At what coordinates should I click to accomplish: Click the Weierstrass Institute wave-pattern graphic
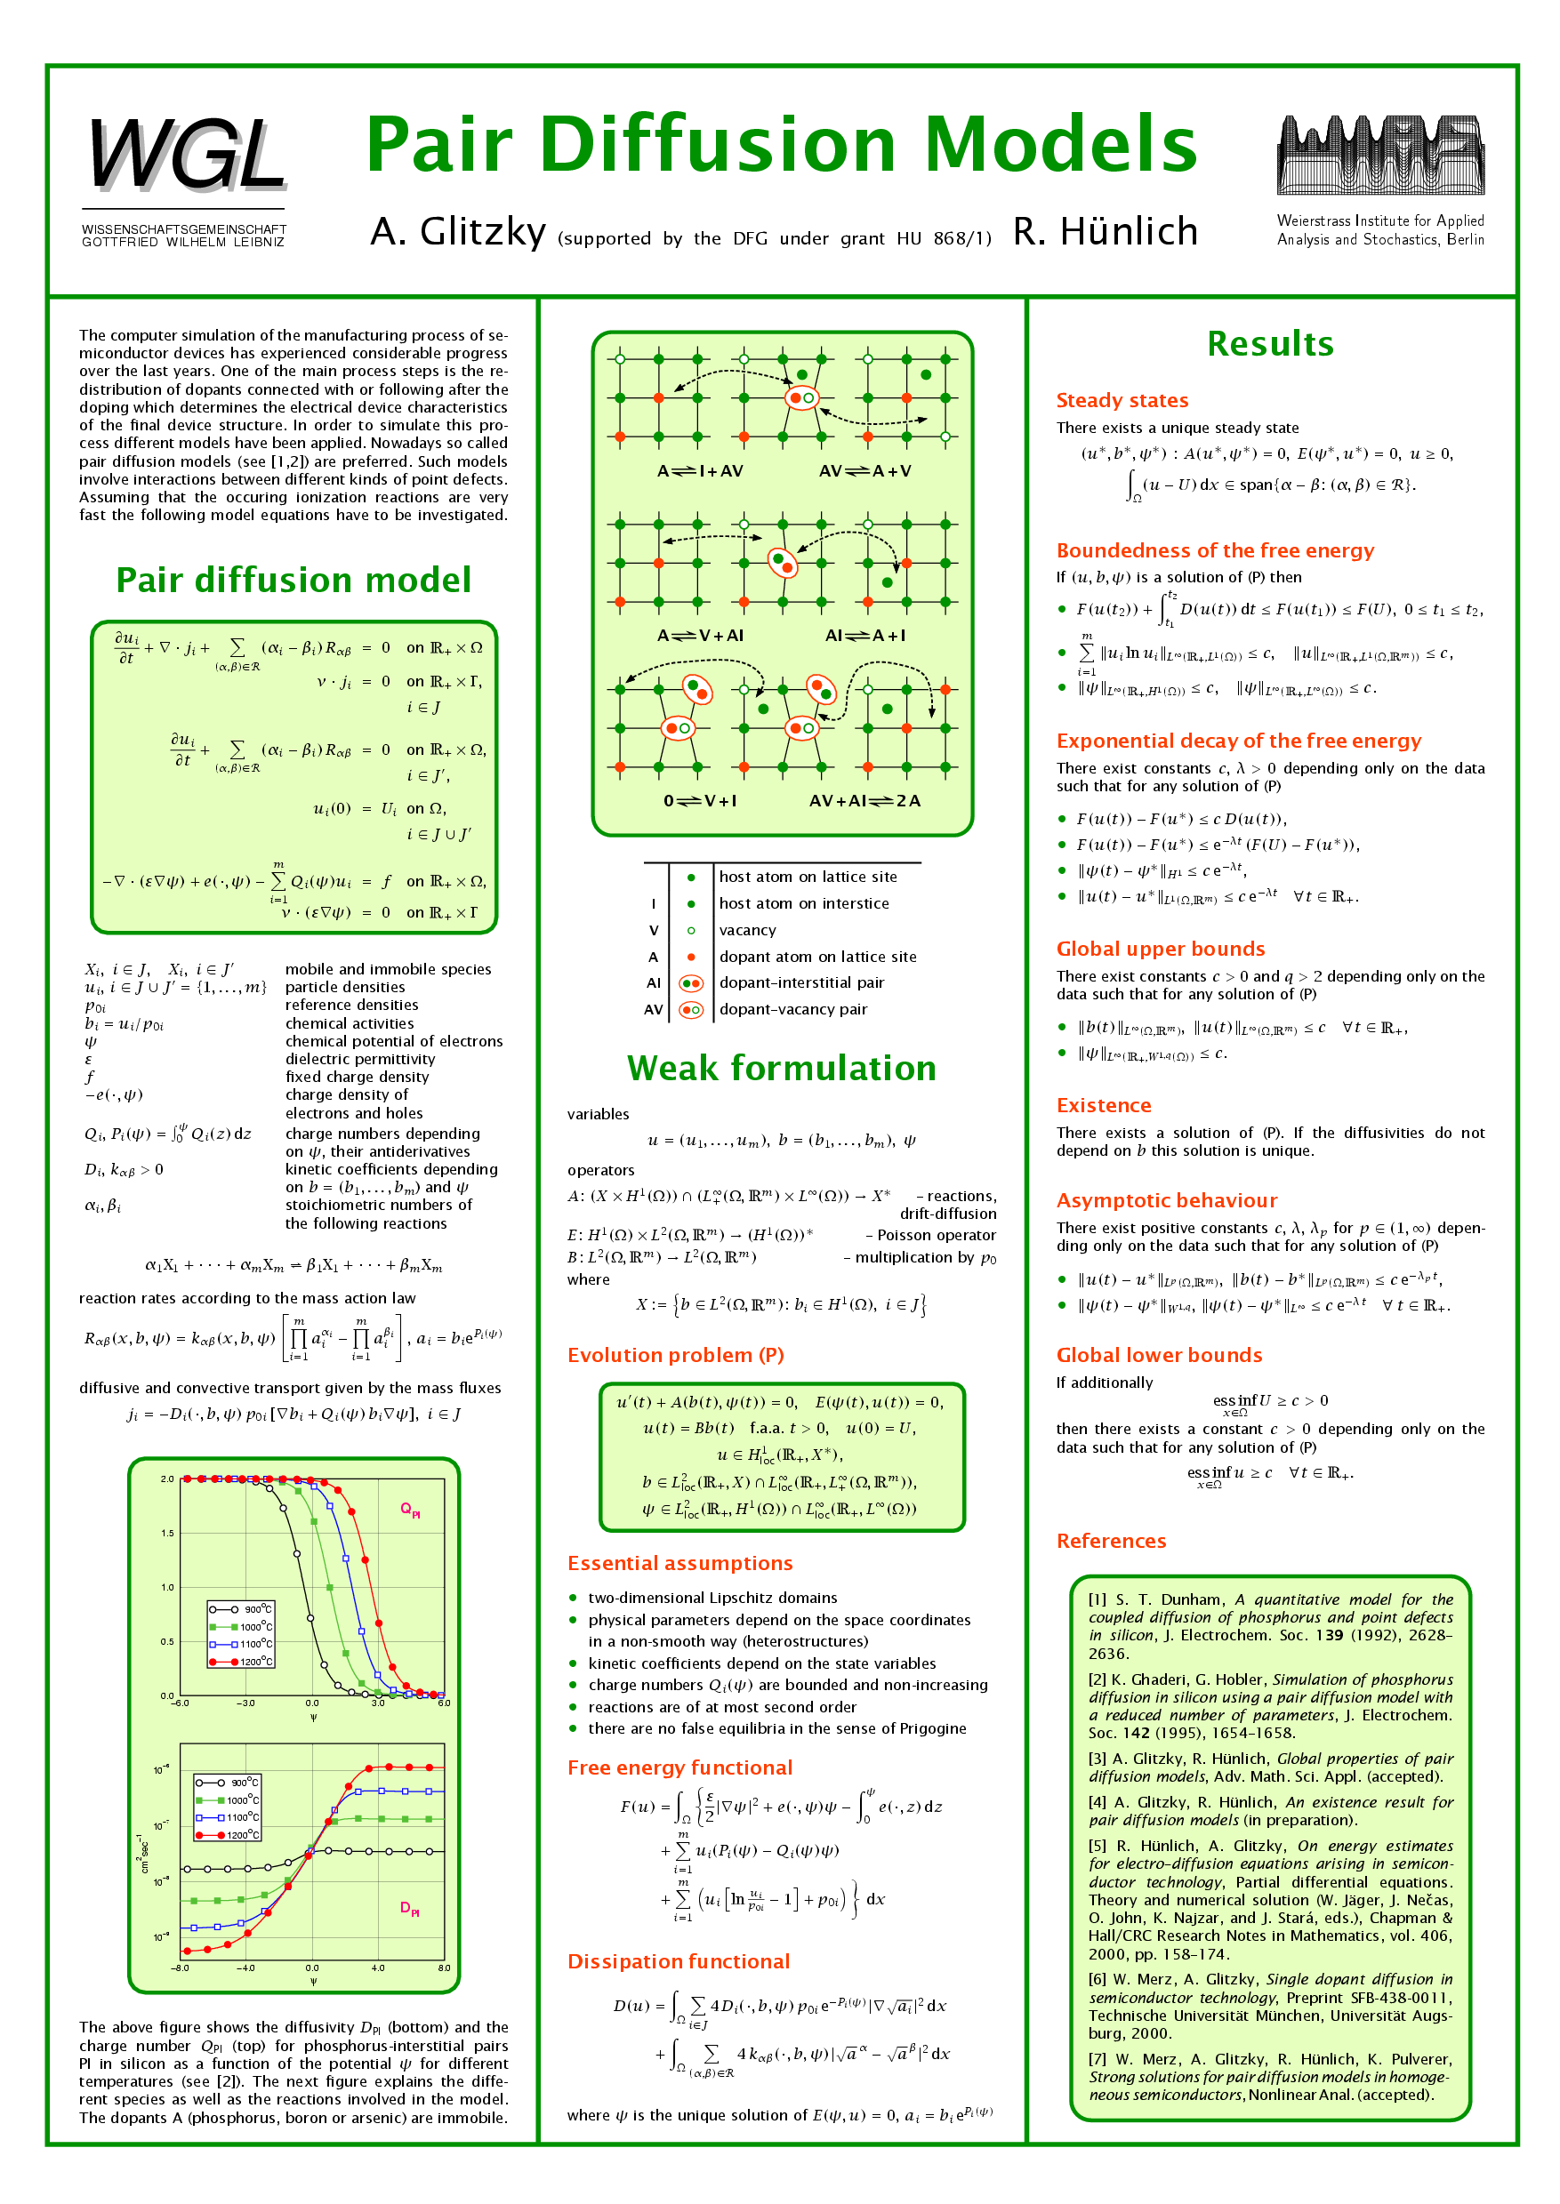click(1379, 155)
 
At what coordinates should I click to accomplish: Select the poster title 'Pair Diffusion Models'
click(781, 144)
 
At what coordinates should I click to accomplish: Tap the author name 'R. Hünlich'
click(1105, 232)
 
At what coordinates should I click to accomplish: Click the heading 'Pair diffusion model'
click(293, 580)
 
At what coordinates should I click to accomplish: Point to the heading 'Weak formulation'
click(781, 1068)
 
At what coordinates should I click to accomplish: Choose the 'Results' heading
click(1270, 344)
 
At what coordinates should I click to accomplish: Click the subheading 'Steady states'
click(1121, 400)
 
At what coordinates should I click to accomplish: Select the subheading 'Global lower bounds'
click(1159, 1355)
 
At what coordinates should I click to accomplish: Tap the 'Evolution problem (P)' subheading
click(675, 1355)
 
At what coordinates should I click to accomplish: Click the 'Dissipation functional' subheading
click(679, 1961)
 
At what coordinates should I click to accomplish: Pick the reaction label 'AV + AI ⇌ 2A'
click(864, 801)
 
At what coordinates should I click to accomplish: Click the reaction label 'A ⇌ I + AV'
click(699, 471)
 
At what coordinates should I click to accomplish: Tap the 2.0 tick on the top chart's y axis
click(167, 1479)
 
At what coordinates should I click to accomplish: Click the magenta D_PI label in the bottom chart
click(409, 1908)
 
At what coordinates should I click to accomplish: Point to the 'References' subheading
click(1111, 1542)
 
